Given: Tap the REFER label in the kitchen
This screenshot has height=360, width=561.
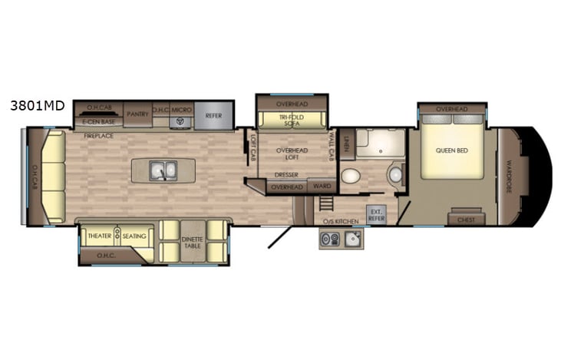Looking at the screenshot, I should point(213,116).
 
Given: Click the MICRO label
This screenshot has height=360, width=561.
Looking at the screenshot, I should point(181,111).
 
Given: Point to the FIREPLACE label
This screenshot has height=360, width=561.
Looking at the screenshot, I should point(99,135).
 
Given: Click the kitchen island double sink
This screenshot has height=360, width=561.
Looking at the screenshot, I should point(160,169).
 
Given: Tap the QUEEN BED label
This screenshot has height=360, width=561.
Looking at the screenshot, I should point(451,150).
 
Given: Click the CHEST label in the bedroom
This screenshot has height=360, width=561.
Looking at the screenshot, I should point(465,220).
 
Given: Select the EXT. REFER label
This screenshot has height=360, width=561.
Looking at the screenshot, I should point(376,214).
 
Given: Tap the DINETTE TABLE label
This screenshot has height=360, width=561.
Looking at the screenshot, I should point(192,242).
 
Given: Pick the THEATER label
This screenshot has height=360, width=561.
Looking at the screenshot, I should point(100,236).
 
